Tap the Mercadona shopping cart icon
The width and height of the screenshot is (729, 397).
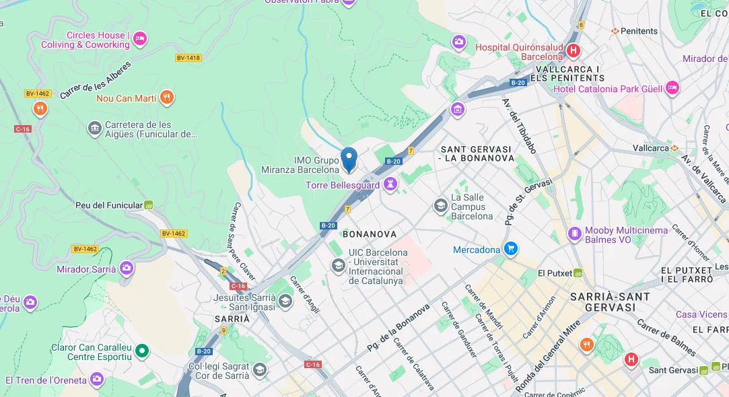coord(510,250)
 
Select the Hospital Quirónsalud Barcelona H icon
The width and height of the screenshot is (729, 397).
coord(573,50)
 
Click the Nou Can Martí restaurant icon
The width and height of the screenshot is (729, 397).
coord(167,98)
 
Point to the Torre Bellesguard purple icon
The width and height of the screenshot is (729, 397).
coord(390,184)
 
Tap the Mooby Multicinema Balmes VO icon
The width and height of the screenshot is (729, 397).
coord(575,234)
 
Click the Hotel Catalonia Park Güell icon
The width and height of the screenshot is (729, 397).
coord(671,88)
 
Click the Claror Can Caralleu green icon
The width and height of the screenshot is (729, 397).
coord(141,351)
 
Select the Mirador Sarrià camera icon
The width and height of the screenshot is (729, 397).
coord(127,269)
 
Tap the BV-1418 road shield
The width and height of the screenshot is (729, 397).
coord(188,58)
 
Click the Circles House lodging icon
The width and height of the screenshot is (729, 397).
coord(140,39)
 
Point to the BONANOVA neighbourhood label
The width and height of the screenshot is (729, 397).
coord(370,234)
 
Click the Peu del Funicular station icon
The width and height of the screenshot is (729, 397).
coord(149,205)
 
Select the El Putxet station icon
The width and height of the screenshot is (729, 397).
coord(577,273)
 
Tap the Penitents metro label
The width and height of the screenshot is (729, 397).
coord(638,31)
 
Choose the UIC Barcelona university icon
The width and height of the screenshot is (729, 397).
coord(338,266)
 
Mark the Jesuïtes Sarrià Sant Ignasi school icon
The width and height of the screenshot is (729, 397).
coord(285,301)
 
